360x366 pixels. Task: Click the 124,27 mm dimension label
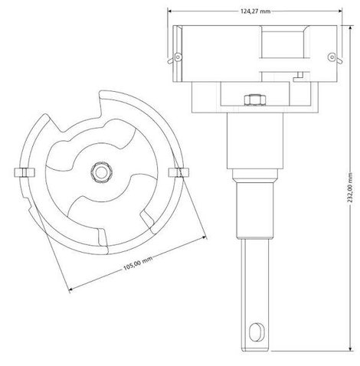(255, 11)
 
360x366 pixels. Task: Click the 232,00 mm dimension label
(350, 188)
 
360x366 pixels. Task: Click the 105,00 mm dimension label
(138, 263)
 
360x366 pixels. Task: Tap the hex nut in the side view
(254, 100)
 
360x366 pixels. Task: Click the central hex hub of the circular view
(101, 172)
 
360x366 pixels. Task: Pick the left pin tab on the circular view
(25, 172)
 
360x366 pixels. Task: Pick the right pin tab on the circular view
(178, 172)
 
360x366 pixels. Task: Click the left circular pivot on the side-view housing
(178, 57)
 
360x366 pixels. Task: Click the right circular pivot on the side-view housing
(332, 57)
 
